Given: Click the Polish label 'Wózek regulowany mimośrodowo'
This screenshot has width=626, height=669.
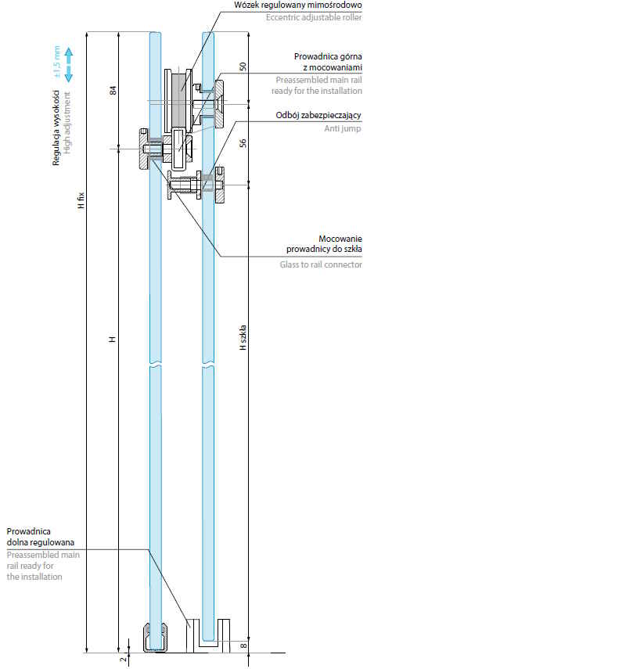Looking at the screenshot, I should [297, 5].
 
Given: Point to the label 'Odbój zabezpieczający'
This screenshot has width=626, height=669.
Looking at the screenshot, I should [318, 116].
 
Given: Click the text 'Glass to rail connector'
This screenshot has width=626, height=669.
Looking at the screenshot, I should [321, 264].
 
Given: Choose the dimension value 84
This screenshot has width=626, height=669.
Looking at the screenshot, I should [113, 92].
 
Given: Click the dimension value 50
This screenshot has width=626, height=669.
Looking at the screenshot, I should [243, 67].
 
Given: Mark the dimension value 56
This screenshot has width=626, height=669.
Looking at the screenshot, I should [243, 143].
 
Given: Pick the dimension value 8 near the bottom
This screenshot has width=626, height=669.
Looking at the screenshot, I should [243, 646].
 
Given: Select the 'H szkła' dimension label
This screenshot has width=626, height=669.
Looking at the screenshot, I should [243, 337].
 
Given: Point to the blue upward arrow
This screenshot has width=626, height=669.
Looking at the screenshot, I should [69, 55].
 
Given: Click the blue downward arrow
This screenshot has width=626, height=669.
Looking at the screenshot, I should [69, 74].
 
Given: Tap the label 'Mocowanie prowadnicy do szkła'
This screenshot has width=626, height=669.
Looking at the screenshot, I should [324, 243].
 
